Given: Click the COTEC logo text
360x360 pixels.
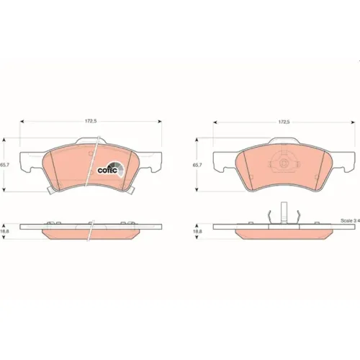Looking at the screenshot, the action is click(x=107, y=171).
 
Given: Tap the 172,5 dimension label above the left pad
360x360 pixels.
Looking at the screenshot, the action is click(x=91, y=121).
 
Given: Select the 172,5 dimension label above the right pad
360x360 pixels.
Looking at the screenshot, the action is click(x=284, y=122).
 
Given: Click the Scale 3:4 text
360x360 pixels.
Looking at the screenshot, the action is click(x=350, y=220).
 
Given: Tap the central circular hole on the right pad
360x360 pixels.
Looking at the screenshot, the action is click(x=284, y=163).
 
